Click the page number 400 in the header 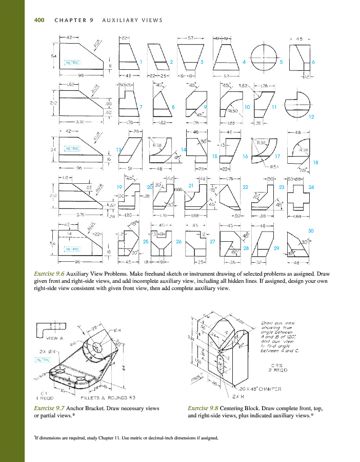pyautogui.click(x=38, y=21)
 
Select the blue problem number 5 pyautogui.click(x=281, y=62)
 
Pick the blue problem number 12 pyautogui.click(x=311, y=117)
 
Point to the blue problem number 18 pyautogui.click(x=315, y=162)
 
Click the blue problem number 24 pyautogui.click(x=311, y=187)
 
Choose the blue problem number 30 pyautogui.click(x=311, y=231)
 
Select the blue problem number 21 pyautogui.click(x=190, y=185)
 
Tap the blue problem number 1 pyautogui.click(x=140, y=62)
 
